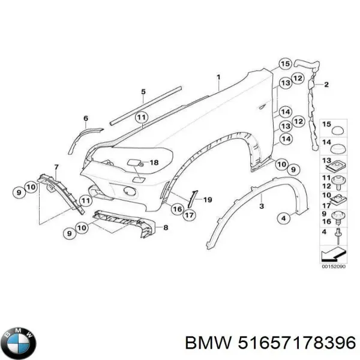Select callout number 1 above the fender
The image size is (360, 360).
pos(220,77)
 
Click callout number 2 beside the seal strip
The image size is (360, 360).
pos(326,85)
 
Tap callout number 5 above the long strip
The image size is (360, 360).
pos(143,91)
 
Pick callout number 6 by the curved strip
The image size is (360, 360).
pos(85,119)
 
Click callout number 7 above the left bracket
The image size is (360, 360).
pos(56,166)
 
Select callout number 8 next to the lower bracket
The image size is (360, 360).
pos(166,227)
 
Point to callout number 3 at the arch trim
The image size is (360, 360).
pos(261,206)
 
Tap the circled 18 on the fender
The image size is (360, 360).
pos(154,162)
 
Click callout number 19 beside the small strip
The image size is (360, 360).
pos(208,199)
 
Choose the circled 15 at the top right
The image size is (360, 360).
pos(284,64)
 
